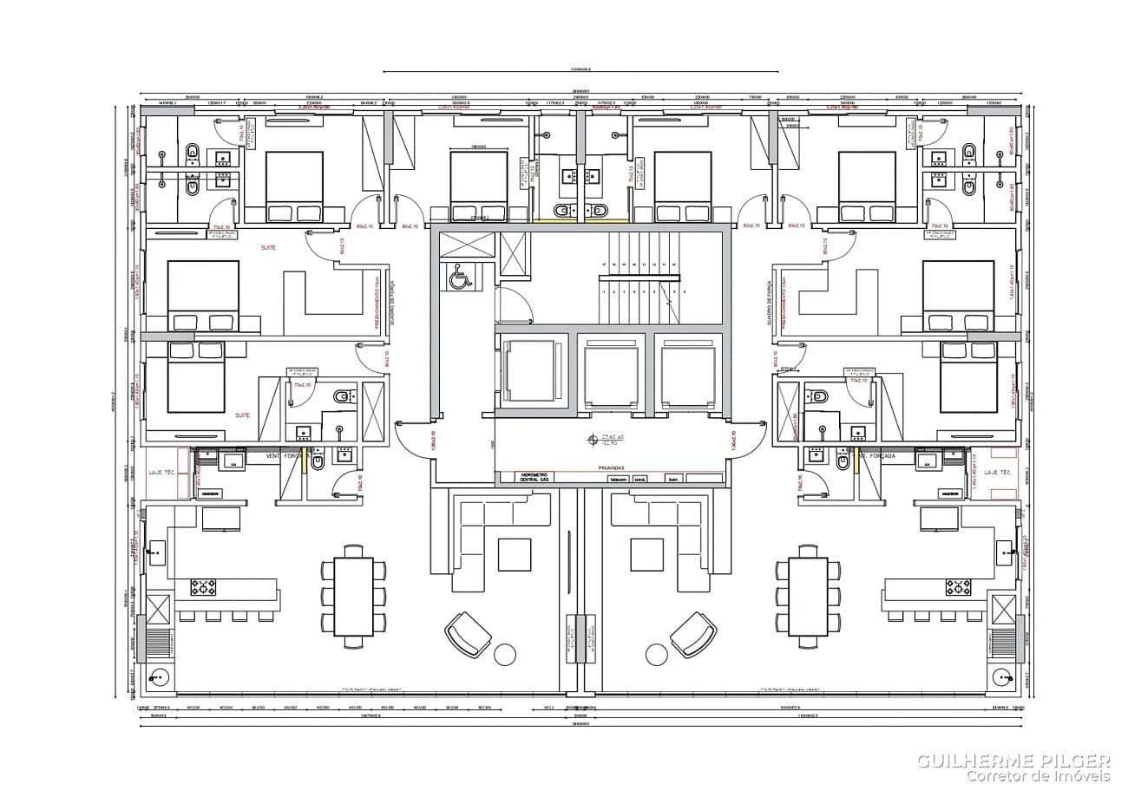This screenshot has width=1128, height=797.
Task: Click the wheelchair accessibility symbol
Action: click(x=458, y=278)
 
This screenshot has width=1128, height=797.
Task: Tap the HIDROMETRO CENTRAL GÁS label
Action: click(x=535, y=477)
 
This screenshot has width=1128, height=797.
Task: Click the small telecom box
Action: click(x=618, y=479)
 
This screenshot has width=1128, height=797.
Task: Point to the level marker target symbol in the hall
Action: click(x=593, y=439)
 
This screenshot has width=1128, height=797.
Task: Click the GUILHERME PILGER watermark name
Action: click(x=1013, y=761)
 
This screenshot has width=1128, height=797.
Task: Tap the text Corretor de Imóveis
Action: click(x=1039, y=776)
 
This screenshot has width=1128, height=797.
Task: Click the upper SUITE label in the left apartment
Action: click(x=270, y=248)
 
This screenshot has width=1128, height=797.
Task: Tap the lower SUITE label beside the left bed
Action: click(x=243, y=415)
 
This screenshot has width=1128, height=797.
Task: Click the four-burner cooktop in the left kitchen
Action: click(x=203, y=587)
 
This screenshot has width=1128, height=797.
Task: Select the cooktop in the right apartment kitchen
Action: click(x=958, y=587)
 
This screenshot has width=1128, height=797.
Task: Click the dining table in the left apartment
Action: click(x=353, y=597)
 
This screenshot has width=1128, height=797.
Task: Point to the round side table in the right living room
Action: click(x=656, y=655)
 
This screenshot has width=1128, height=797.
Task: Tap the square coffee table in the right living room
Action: click(x=646, y=554)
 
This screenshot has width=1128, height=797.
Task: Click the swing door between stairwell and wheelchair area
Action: click(x=514, y=305)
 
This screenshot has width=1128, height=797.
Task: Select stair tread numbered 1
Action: click(x=603, y=292)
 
